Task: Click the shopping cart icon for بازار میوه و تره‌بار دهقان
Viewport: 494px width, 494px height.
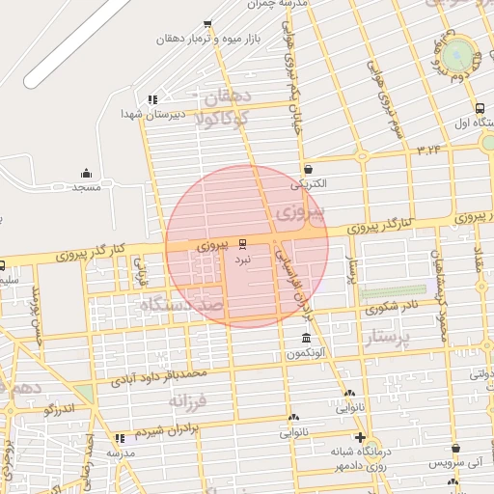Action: [207, 24]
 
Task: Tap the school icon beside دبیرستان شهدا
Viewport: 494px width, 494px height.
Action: [152, 98]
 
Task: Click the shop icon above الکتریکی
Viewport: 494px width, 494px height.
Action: [307, 168]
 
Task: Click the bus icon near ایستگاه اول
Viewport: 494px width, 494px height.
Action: [480, 108]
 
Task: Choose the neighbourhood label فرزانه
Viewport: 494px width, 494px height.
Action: [188, 399]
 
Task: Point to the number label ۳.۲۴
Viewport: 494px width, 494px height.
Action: [429, 150]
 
